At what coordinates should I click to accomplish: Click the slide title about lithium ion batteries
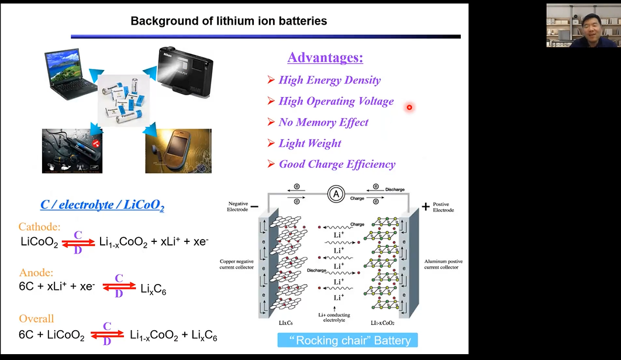[x=229, y=21]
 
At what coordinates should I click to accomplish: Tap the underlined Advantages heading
[x=325, y=58]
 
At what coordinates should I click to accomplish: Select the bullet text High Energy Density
[x=329, y=81]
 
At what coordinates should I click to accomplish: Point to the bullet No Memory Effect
[x=323, y=122]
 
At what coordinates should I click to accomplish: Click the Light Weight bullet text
[x=310, y=143]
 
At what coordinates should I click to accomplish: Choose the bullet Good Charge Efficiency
[x=337, y=164]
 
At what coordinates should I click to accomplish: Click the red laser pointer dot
[x=409, y=107]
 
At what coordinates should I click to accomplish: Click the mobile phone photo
[x=178, y=151]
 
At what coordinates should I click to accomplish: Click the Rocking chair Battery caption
[x=348, y=340]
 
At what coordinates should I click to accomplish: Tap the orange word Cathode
[x=39, y=227]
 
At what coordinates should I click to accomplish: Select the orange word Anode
[x=36, y=273]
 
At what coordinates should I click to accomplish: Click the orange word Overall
[x=36, y=319]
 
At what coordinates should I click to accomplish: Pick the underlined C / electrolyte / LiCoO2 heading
[x=102, y=205]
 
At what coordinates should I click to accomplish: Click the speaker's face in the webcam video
[x=583, y=26]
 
